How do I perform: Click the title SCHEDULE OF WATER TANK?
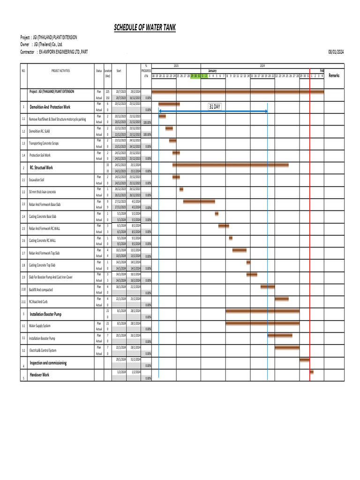click(x=145, y=28)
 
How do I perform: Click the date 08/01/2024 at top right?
click(x=336, y=52)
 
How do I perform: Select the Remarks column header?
click(x=334, y=75)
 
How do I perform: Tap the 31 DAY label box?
click(x=214, y=107)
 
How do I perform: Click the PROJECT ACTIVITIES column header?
click(x=60, y=71)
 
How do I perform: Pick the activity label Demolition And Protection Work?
click(x=50, y=107)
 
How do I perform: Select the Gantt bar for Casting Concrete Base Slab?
click(x=217, y=214)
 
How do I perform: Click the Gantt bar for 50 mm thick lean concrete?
click(x=181, y=189)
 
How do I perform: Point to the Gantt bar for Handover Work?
click(x=312, y=372)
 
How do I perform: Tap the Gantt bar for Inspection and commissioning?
click(x=304, y=360)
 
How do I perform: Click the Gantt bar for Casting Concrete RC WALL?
click(x=231, y=238)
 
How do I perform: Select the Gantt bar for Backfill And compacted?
click(x=268, y=286)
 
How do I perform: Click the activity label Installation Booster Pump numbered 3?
click(x=45, y=314)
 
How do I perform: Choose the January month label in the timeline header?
click(x=212, y=71)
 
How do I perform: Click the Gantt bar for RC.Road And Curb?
click(x=282, y=299)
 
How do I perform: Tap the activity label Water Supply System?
click(x=40, y=326)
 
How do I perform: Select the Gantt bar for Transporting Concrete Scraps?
click(x=172, y=141)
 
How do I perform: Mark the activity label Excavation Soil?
click(x=37, y=180)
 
